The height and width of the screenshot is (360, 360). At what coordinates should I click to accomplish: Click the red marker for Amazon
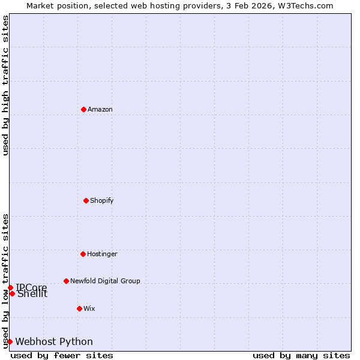coord(83,109)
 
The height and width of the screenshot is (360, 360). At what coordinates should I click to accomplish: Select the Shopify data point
coord(86,200)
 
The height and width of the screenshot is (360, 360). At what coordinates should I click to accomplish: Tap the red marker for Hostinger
coord(83,254)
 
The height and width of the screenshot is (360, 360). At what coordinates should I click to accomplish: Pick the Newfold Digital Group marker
coord(66,281)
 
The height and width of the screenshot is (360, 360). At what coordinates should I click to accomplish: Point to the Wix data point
coord(79,308)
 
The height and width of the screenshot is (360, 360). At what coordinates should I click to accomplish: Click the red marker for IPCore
coord(10,287)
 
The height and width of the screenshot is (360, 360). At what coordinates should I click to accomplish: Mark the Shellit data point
coord(12,293)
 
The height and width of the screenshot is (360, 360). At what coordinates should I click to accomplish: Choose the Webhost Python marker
coord(10,341)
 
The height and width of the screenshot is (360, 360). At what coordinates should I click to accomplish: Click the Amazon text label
coord(100,109)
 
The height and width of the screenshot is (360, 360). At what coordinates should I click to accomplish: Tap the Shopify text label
coord(102,200)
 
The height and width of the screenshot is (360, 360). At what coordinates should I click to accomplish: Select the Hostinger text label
coord(102,254)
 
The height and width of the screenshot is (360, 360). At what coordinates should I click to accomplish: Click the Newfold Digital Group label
coord(105,281)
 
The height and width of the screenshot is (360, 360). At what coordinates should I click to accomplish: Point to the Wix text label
coord(89,308)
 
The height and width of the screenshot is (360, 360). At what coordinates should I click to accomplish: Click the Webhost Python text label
coord(54,342)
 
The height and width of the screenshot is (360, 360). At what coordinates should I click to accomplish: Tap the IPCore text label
coord(31,287)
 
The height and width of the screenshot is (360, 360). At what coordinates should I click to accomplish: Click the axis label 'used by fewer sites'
coord(62,355)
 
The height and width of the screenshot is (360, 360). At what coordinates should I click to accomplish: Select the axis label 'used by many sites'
coord(301,355)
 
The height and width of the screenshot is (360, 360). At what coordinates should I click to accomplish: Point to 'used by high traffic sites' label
coord(5,85)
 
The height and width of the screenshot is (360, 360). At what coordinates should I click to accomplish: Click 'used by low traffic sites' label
coord(5,280)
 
